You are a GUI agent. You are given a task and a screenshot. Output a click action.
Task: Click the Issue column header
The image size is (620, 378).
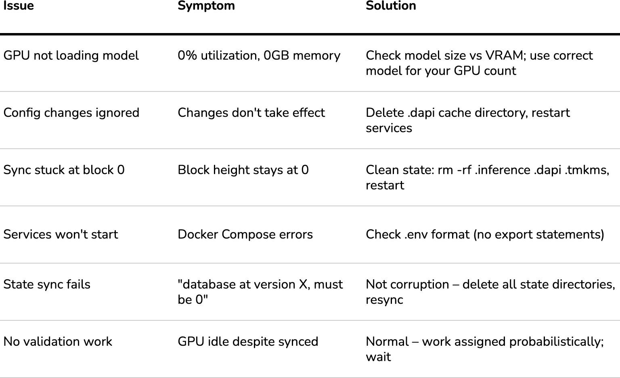coord(19,6)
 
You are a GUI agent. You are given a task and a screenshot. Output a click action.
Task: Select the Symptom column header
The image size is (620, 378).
coord(206,6)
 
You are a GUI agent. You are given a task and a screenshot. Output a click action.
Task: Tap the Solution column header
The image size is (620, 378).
coord(391,6)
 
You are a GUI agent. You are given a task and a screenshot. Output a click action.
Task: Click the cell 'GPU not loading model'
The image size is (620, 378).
coord(71,56)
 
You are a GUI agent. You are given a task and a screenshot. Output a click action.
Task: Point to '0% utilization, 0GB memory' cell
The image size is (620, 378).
coord(259,56)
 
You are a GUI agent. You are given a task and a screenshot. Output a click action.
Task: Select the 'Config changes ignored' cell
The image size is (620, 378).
coord(71,113)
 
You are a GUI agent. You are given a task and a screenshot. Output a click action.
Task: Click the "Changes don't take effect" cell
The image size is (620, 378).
coord(251,113)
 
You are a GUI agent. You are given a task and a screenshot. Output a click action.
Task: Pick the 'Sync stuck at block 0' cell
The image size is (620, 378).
coord(64,170)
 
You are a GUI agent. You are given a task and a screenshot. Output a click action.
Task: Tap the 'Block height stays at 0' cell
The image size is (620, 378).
coord(243,170)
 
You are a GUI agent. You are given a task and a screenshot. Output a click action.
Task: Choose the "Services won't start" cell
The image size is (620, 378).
coord(61,235)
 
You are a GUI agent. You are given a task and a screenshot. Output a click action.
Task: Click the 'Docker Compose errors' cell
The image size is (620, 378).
coord(245,235)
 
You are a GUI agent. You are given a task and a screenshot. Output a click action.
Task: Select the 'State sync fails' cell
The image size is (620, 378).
coord(47,285)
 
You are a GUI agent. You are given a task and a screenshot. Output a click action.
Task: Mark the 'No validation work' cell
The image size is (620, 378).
coord(58,342)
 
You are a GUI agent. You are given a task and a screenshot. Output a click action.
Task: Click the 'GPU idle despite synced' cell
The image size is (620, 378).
coord(248,342)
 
